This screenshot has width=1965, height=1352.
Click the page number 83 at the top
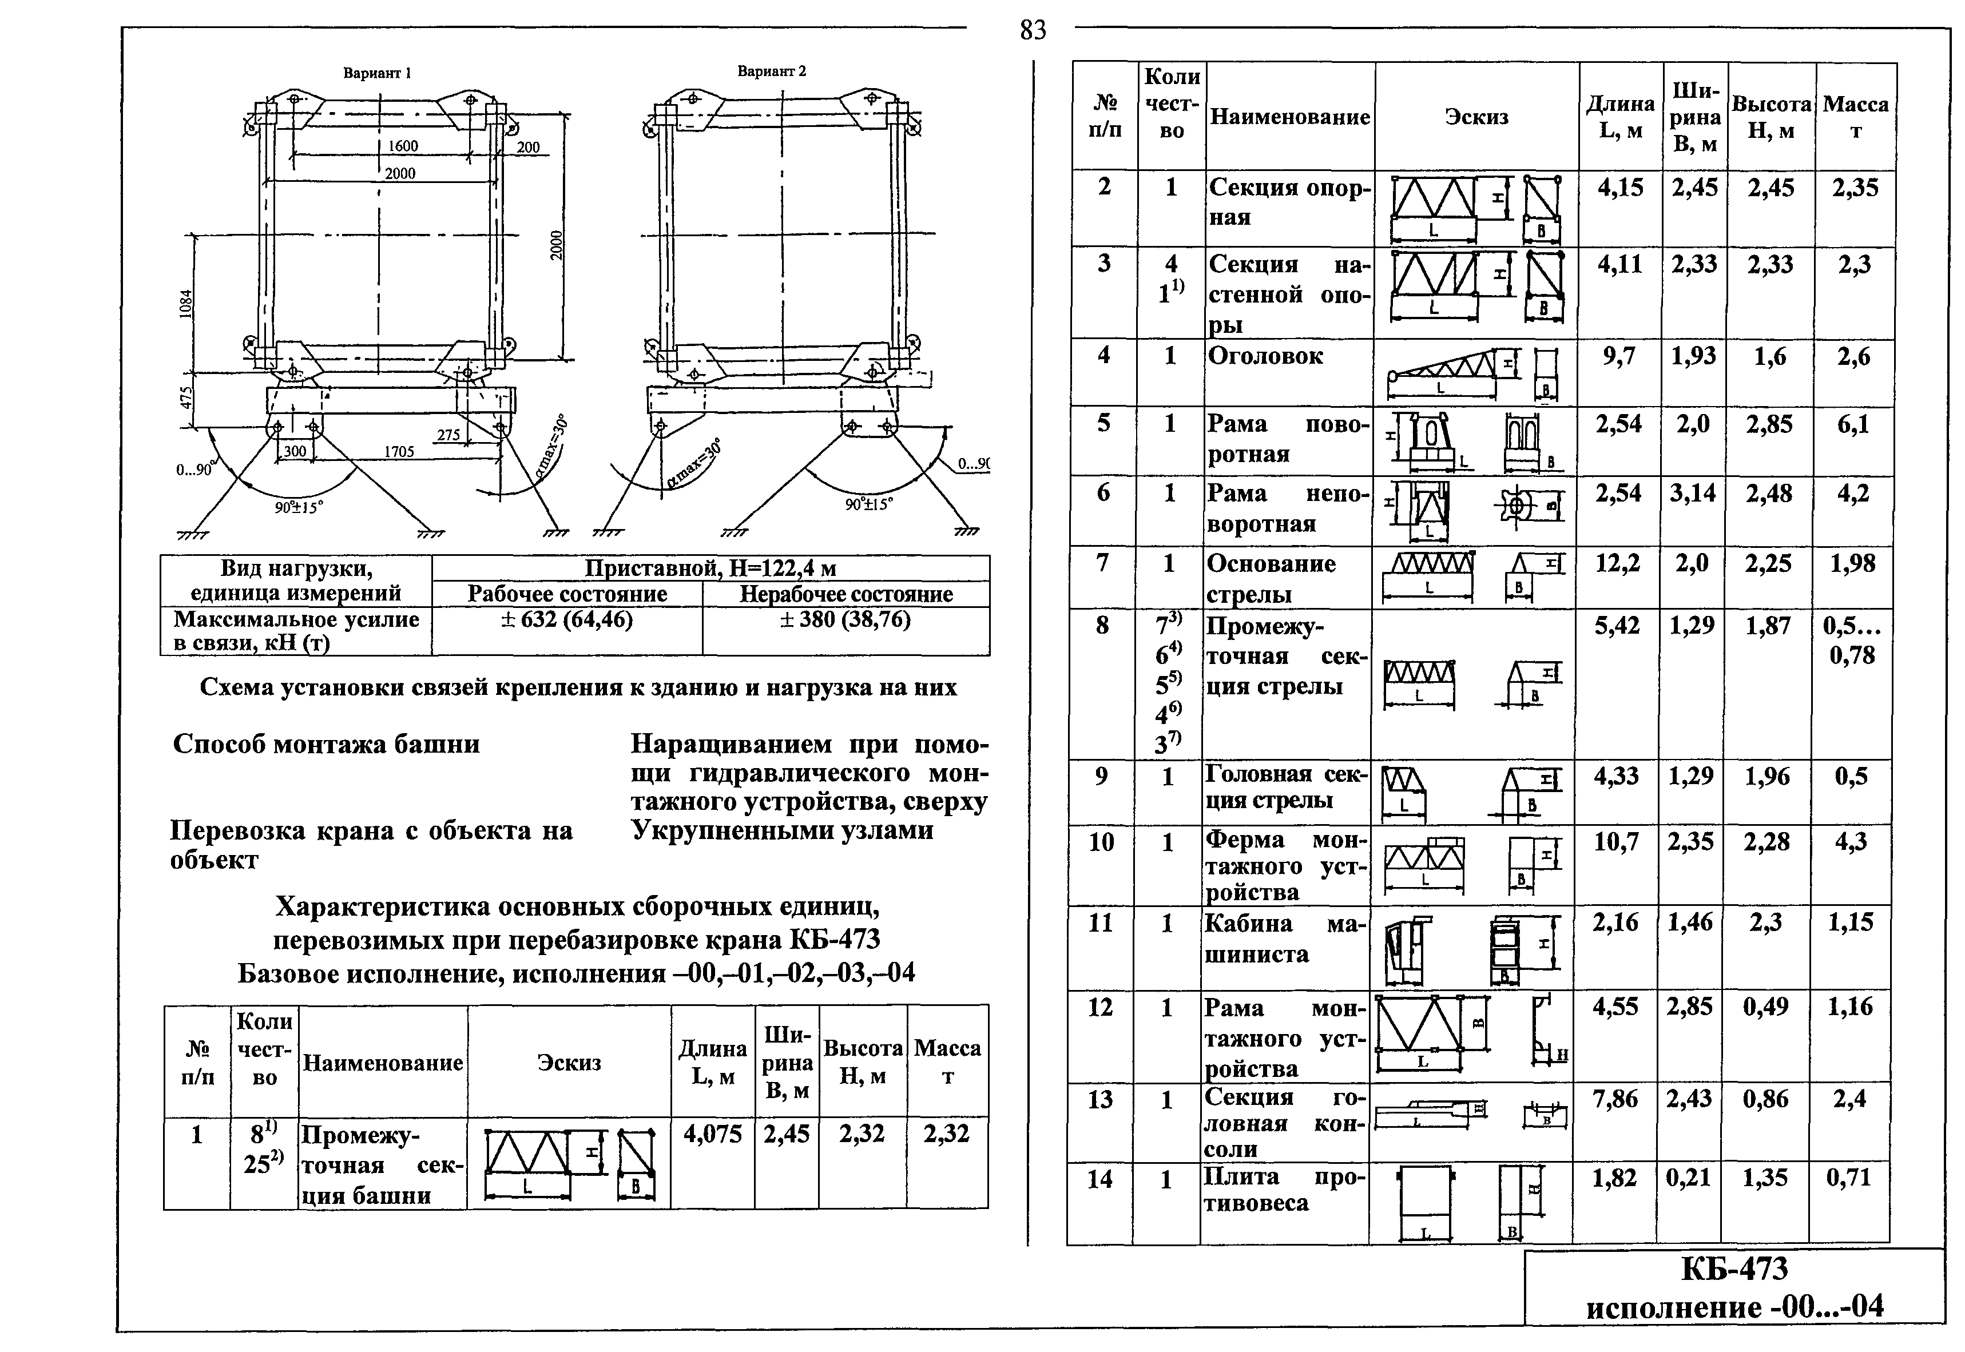tap(1033, 30)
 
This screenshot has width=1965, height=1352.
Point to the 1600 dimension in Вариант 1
tap(403, 146)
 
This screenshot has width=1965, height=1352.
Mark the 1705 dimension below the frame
tap(399, 451)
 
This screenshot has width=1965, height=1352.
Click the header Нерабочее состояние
tap(845, 594)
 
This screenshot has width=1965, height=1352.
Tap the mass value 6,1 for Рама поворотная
tap(1853, 424)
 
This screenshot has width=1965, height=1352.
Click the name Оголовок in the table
tap(1265, 356)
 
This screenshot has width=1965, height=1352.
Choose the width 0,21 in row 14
tap(1688, 1178)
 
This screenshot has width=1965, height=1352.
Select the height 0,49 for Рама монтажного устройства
tap(1766, 1007)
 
